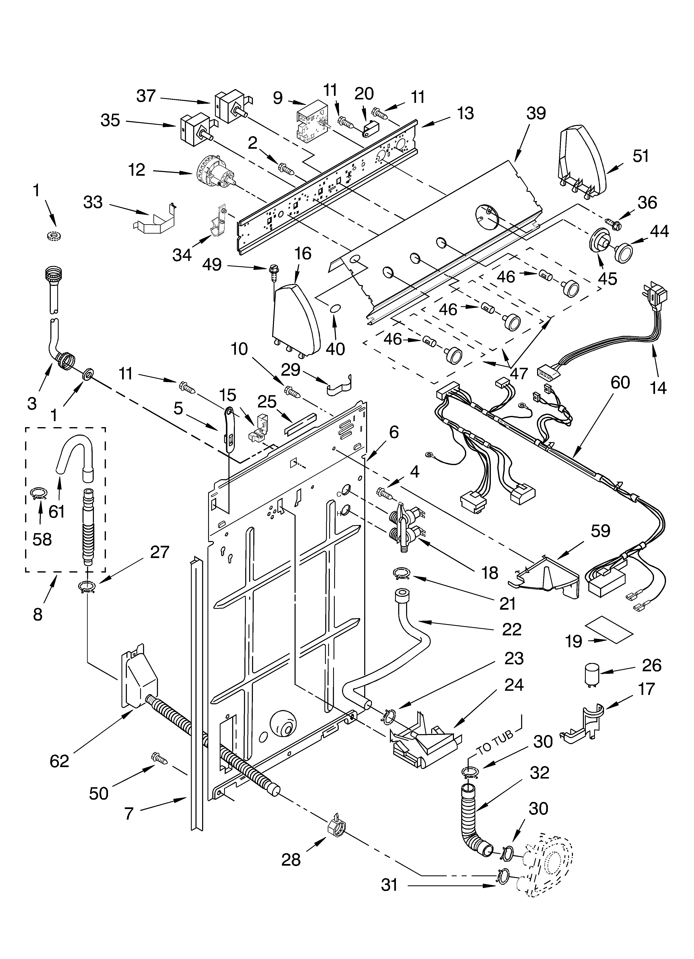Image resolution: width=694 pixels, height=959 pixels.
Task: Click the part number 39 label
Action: pyautogui.click(x=536, y=113)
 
